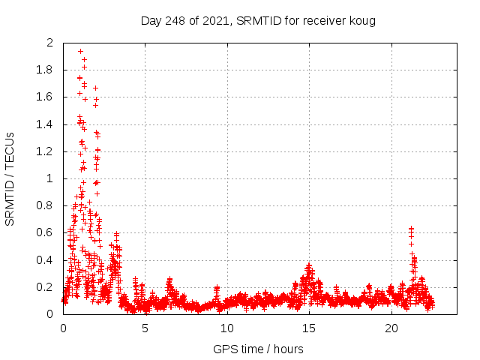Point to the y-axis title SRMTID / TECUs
10,178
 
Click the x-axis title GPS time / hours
258,349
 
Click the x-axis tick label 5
145,328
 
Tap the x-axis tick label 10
226,328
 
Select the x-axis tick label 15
309,328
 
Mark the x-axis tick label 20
391,328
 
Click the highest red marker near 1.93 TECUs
80,52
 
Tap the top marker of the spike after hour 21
411,228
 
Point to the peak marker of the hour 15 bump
309,265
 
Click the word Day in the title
151,20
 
